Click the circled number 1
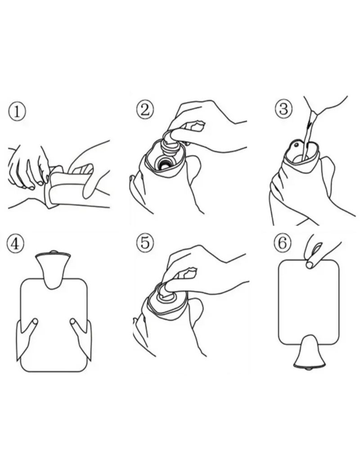pos(17,112)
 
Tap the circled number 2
pos(145,110)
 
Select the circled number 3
pos(283,109)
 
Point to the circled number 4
pos(15,244)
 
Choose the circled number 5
pos(145,242)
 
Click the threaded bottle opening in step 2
pos(163,162)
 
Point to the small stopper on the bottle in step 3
pos(296,145)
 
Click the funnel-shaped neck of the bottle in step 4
pos(53,270)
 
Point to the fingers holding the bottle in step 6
pos(316,250)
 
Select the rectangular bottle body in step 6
pos(309,302)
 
